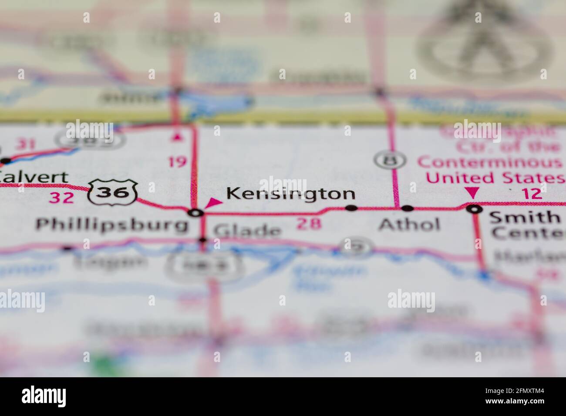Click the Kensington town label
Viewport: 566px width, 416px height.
pyautogui.click(x=291, y=194)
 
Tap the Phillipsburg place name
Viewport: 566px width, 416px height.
pyautogui.click(x=112, y=225)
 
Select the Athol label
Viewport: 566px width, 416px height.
pyautogui.click(x=409, y=225)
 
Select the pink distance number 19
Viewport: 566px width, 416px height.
pyautogui.click(x=178, y=162)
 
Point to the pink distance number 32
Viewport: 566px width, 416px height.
pyautogui.click(x=61, y=198)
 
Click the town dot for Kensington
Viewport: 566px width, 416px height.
pyautogui.click(x=351, y=208)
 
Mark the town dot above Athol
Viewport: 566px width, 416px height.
pyautogui.click(x=407, y=208)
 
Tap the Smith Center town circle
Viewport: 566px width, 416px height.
pyautogui.click(x=474, y=209)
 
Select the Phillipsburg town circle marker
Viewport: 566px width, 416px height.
pyautogui.click(x=196, y=213)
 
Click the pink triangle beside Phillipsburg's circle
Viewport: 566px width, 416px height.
pyautogui.click(x=213, y=202)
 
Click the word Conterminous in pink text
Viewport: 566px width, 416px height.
pyautogui.click(x=490, y=163)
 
